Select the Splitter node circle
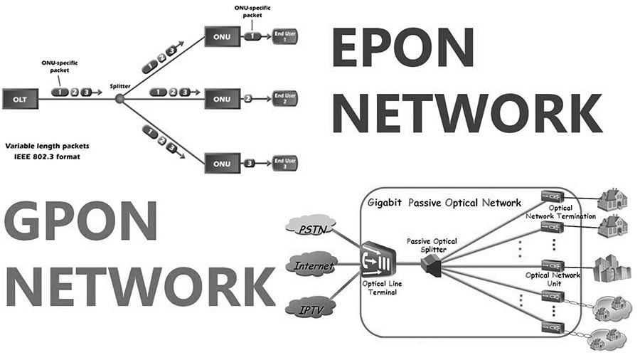119,97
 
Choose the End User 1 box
284,36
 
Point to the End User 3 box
284,164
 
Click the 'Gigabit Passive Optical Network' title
445,203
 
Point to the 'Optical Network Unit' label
553,279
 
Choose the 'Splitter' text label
119,85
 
